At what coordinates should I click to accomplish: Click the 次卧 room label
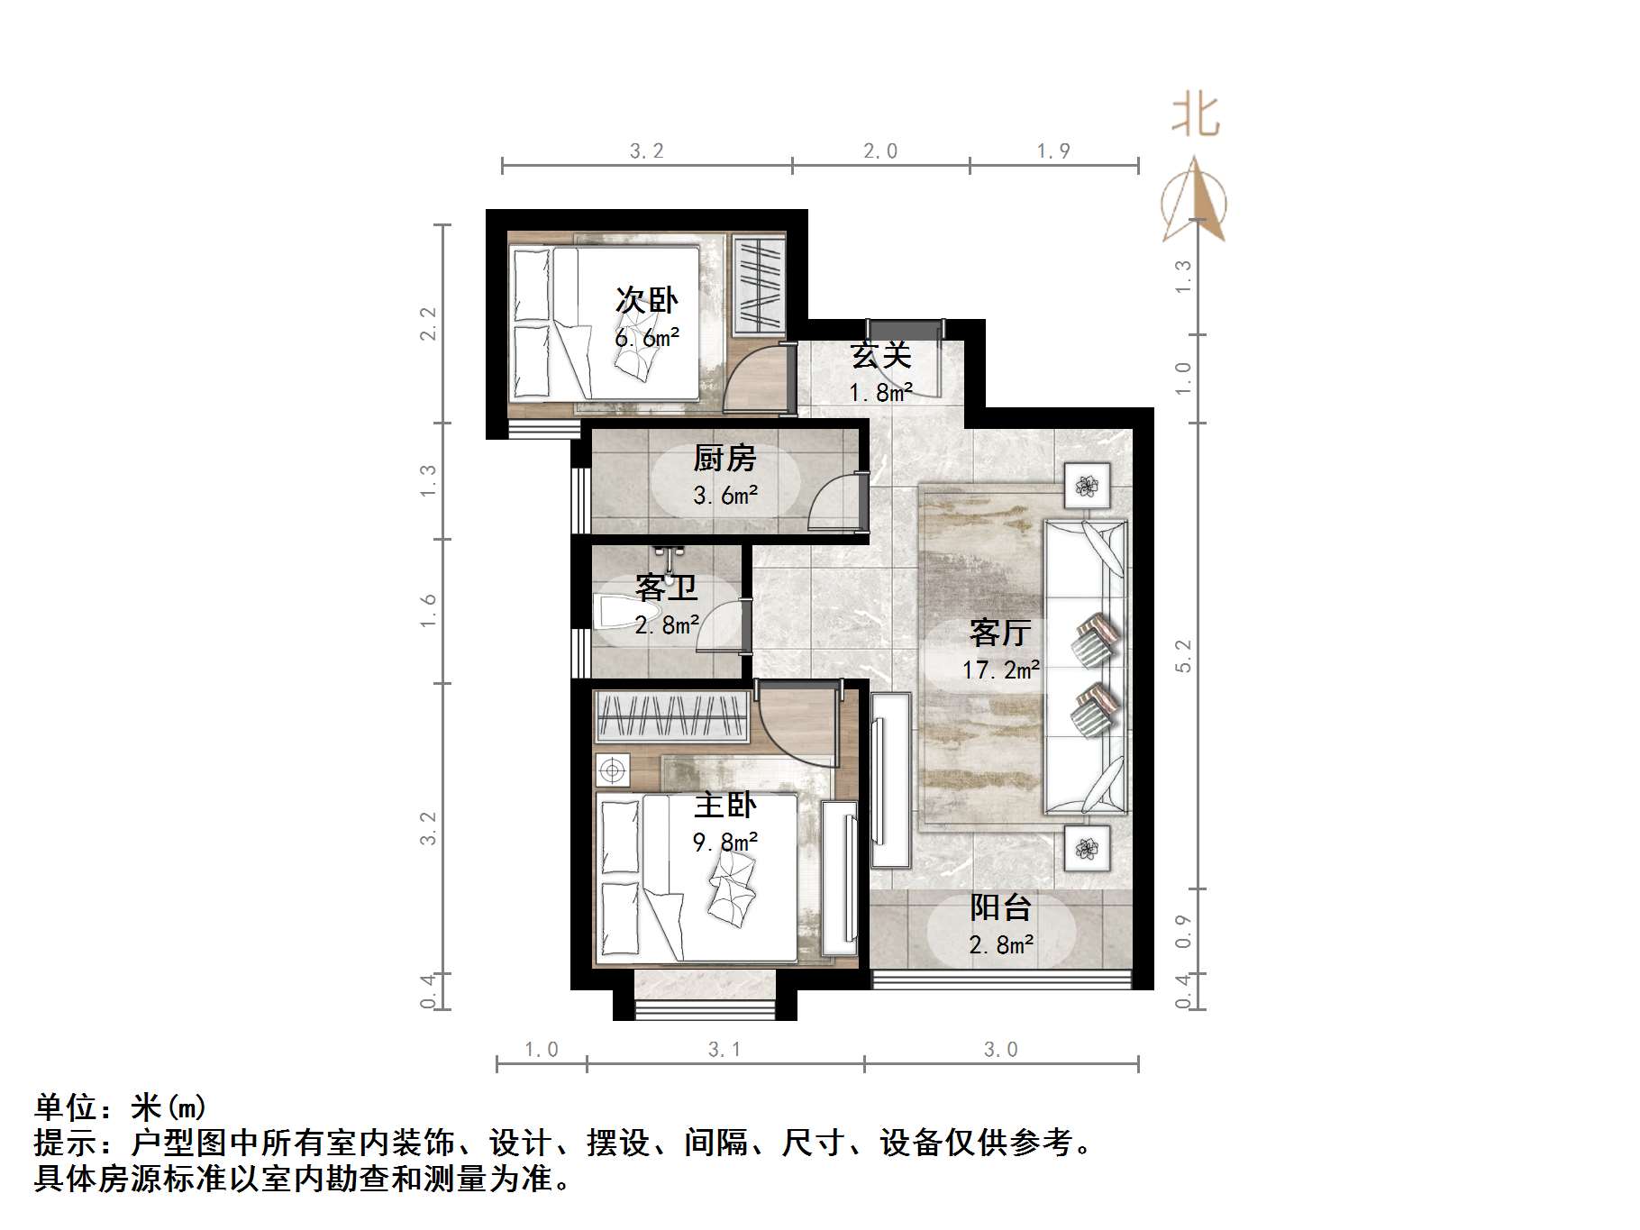click(646, 300)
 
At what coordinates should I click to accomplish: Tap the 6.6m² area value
click(646, 339)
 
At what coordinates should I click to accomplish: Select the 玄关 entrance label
click(881, 355)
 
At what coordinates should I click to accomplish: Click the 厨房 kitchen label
click(724, 459)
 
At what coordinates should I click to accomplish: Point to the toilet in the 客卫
click(615, 614)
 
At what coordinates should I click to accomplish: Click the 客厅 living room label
click(1000, 633)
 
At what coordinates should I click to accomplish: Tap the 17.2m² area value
click(1000, 670)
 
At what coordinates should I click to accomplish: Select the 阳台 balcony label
click(1000, 907)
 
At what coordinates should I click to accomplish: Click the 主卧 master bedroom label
click(724, 804)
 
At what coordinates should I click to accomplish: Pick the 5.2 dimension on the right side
click(1184, 655)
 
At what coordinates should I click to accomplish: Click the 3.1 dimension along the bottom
click(724, 1050)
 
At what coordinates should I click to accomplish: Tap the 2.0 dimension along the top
click(880, 151)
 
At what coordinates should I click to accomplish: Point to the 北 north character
click(1196, 116)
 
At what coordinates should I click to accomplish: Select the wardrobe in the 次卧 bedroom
click(757, 285)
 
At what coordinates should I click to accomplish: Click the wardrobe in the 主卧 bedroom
click(672, 718)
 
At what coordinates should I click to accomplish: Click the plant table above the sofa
click(1087, 487)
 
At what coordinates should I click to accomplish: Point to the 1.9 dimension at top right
click(1053, 151)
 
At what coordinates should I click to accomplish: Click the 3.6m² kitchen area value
click(724, 496)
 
